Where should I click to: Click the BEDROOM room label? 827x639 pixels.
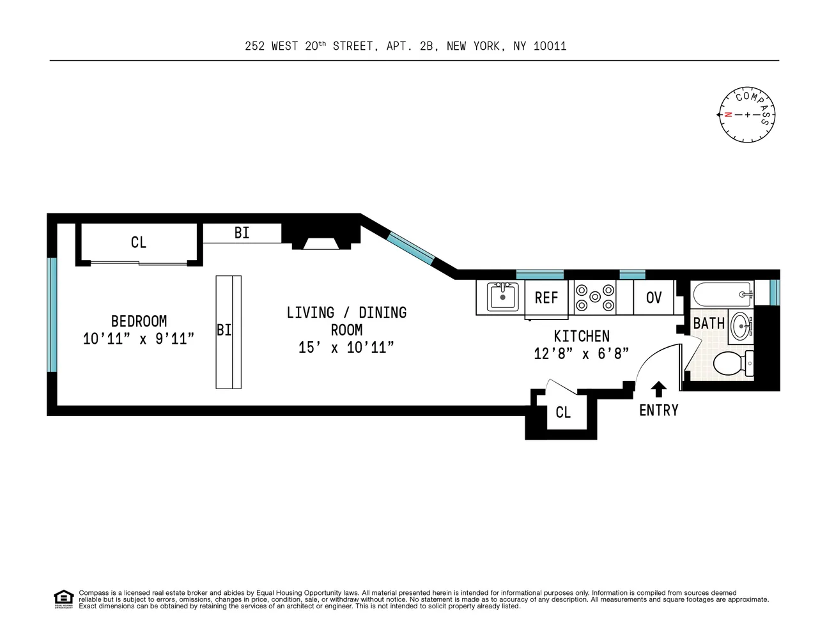click(x=139, y=321)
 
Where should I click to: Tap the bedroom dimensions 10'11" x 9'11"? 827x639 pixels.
click(x=139, y=339)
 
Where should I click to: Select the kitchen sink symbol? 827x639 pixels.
click(x=502, y=297)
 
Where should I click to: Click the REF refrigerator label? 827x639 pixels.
click(x=546, y=298)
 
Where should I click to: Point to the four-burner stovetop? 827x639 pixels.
click(x=594, y=297)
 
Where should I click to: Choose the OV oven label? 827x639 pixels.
click(x=653, y=298)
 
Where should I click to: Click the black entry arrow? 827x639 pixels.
click(x=658, y=389)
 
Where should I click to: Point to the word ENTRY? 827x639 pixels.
click(x=658, y=410)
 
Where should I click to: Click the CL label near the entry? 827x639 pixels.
click(x=562, y=413)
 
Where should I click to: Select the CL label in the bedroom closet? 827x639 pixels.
click(x=139, y=242)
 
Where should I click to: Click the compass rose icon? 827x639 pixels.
click(x=747, y=115)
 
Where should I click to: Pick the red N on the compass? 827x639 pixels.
click(x=728, y=115)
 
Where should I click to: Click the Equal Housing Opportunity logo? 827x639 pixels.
click(x=63, y=599)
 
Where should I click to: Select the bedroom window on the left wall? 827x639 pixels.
click(x=52, y=314)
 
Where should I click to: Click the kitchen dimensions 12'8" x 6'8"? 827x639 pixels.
click(x=581, y=353)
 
